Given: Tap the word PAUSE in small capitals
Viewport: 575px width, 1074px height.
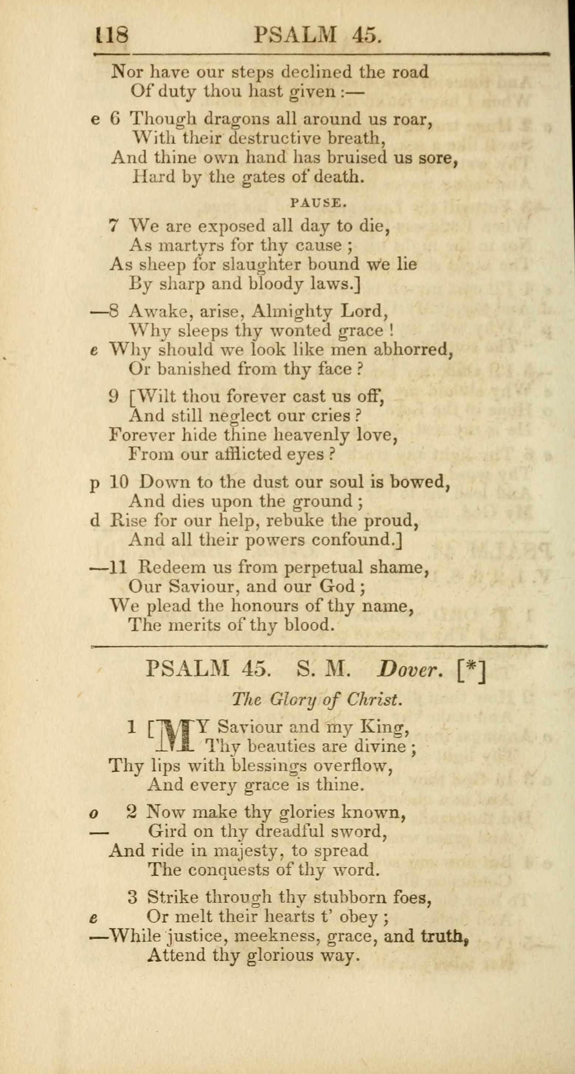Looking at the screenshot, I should (318, 203).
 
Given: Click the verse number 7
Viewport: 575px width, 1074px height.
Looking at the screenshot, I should (114, 226).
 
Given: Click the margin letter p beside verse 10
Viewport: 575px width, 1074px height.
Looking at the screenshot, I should (95, 483).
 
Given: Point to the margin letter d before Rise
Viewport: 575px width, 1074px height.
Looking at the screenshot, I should (95, 520).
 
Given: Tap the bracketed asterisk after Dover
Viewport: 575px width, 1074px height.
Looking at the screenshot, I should (471, 669).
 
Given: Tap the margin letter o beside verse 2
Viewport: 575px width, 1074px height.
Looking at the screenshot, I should (95, 814).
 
